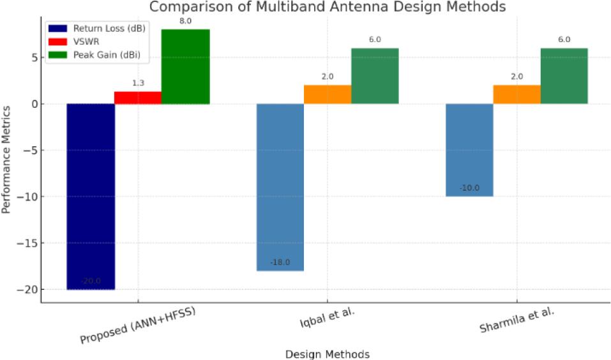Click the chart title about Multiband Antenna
pyautogui.click(x=328, y=8)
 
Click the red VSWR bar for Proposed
pyautogui.click(x=138, y=97)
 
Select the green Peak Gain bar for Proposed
pyautogui.click(x=185, y=66)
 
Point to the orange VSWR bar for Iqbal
pyautogui.click(x=328, y=94)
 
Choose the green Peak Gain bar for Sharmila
pyautogui.click(x=564, y=76)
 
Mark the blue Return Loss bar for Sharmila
pyautogui.click(x=469, y=150)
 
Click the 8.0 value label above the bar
pyautogui.click(x=185, y=20)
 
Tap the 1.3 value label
pyautogui.click(x=138, y=82)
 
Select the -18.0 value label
pyautogui.click(x=280, y=262)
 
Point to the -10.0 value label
pyautogui.click(x=469, y=188)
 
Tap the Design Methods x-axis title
pyautogui.click(x=327, y=353)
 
